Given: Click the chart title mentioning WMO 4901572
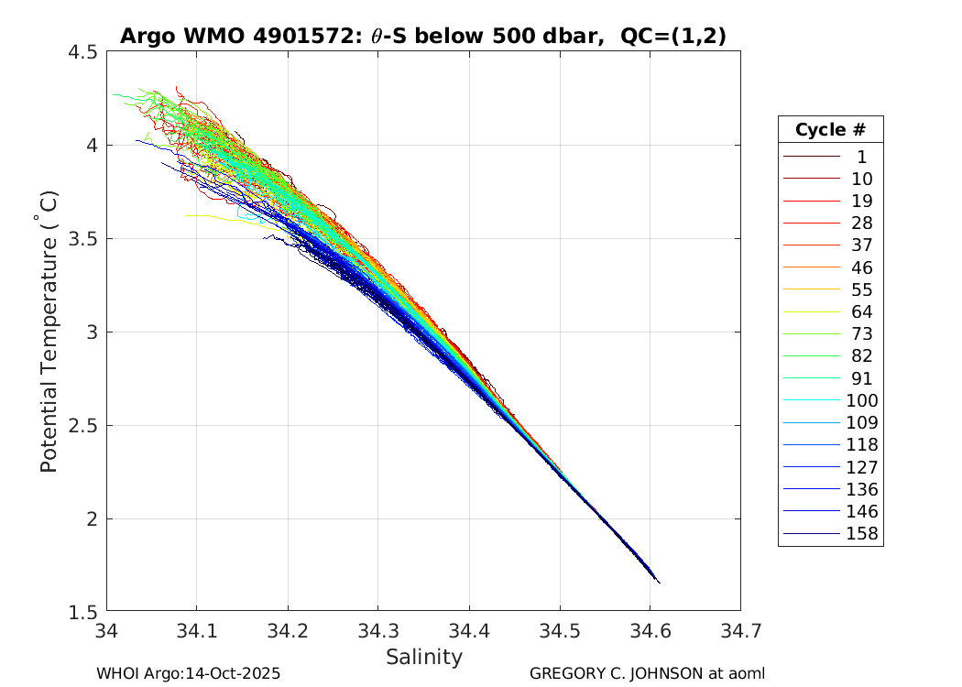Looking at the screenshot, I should point(423,36).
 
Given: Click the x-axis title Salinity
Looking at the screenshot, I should point(423,657).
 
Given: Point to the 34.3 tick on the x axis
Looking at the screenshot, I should point(378,631).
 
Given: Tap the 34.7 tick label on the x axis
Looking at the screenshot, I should point(740,631).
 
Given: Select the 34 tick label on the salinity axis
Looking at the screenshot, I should point(107,631).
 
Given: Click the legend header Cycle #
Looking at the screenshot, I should point(830,129).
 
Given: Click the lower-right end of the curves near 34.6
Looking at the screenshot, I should point(658,582).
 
